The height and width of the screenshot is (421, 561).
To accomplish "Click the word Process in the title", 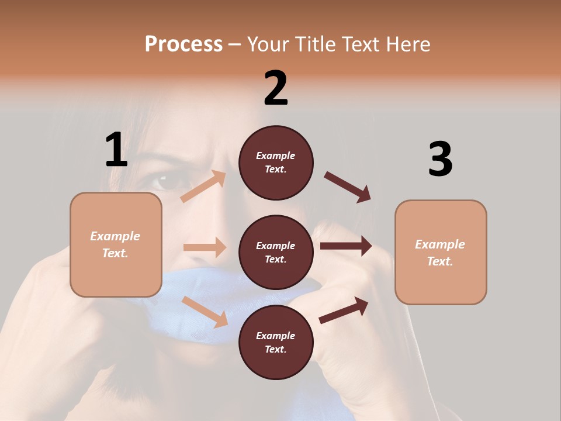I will (183, 44).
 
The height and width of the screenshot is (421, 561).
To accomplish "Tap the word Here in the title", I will (407, 44).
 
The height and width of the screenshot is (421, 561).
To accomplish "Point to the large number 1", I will (116, 150).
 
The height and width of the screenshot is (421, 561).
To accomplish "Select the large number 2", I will (276, 88).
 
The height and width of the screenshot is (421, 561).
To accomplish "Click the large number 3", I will (440, 159).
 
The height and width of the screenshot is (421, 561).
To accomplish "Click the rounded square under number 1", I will (116, 244).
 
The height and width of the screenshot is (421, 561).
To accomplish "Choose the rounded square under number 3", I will (441, 252).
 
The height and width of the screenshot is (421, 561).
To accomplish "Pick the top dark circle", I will (276, 163).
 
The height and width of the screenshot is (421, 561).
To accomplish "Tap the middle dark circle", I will (276, 252).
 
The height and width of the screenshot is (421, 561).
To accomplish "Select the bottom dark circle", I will (276, 342).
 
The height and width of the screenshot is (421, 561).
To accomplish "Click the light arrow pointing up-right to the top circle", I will (203, 187).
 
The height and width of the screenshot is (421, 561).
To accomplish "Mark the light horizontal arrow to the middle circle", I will (205, 247).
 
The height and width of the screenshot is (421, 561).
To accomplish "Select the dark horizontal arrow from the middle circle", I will (345, 246).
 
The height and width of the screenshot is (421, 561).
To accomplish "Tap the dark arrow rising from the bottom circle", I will (344, 310).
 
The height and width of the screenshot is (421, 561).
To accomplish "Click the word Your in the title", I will (268, 44).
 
